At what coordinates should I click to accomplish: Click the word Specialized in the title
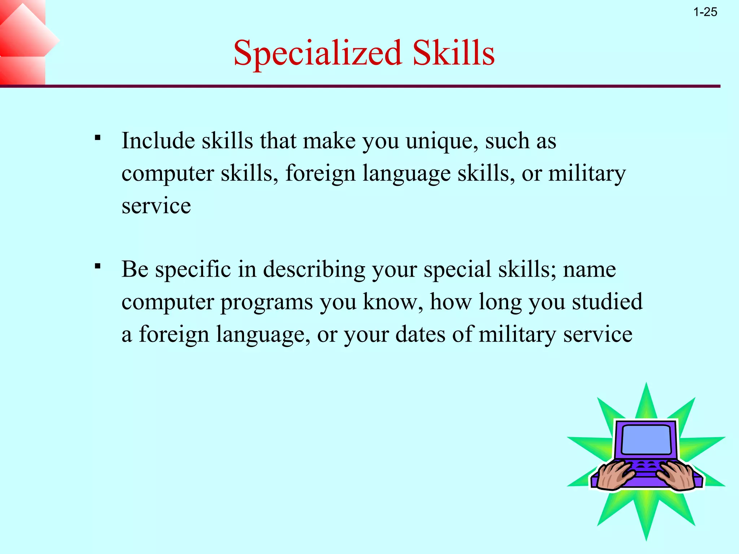pyautogui.click(x=318, y=53)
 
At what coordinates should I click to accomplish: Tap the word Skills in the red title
pyautogui.click(x=454, y=53)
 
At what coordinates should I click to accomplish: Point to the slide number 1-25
pyautogui.click(x=705, y=12)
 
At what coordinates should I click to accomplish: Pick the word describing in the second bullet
pyautogui.click(x=314, y=269)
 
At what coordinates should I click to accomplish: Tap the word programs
pyautogui.click(x=267, y=302)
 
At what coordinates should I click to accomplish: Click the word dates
pyautogui.click(x=420, y=334)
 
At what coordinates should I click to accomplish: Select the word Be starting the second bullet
pyautogui.click(x=135, y=269)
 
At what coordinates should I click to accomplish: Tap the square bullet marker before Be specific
pyautogui.click(x=97, y=267)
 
